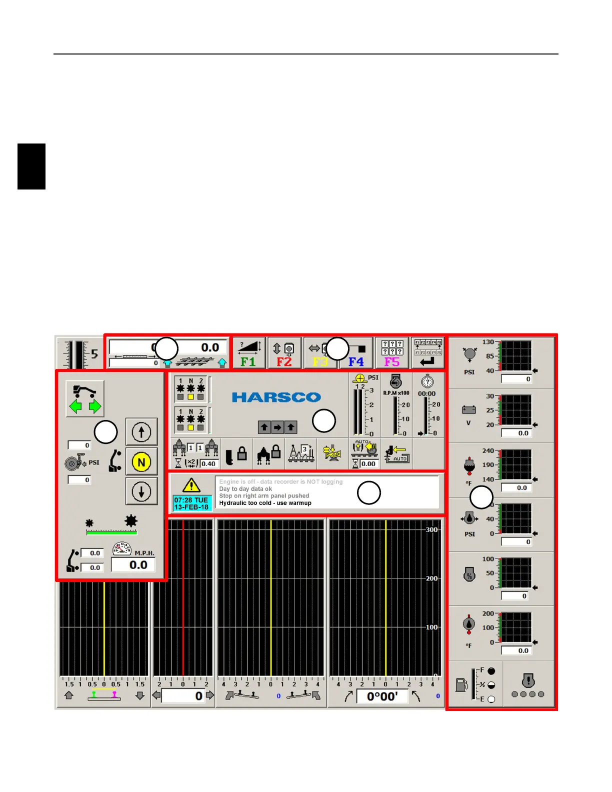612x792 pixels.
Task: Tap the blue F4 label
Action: pos(356,361)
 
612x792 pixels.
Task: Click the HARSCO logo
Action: pos(276,397)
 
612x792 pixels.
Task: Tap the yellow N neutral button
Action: pos(141,462)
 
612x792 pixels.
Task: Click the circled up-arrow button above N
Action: pos(141,432)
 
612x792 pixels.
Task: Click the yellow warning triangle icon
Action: pos(191,485)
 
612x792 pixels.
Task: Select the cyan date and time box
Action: pos(192,503)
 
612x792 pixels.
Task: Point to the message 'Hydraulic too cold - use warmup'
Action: pos(265,503)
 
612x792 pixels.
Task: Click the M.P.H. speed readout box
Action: pos(133,565)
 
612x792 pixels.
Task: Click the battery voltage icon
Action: pos(469,410)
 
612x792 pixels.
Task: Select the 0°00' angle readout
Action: pos(382,696)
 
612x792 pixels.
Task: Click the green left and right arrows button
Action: pos(85,399)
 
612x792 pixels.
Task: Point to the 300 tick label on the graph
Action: pos(431,530)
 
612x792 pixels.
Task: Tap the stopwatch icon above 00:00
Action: pos(427,382)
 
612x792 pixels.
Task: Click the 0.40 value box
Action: pos(208,463)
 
